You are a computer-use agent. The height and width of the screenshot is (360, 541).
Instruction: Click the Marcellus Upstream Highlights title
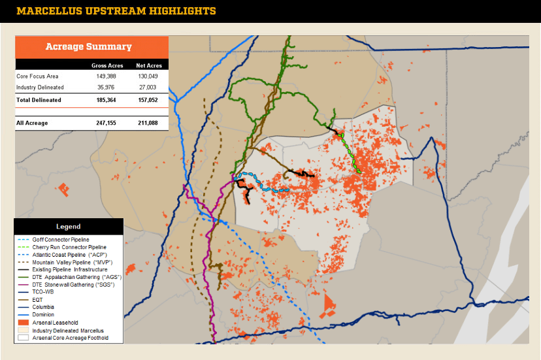116,11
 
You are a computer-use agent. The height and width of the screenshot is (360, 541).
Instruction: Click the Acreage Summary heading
88,46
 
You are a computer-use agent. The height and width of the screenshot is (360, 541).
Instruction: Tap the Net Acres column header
149,65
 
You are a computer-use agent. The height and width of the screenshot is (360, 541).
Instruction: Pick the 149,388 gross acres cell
106,76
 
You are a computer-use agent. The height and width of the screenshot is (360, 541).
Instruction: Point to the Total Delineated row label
39,100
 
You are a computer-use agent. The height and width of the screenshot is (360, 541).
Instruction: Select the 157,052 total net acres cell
149,100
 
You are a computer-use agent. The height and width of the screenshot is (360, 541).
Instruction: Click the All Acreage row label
31,123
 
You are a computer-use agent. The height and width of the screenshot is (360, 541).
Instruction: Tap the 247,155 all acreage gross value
106,123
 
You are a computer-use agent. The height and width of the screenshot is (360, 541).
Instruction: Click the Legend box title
68,227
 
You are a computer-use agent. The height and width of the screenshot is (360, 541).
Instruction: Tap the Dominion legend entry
44,314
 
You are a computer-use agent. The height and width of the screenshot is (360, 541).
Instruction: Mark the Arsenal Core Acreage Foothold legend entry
70,338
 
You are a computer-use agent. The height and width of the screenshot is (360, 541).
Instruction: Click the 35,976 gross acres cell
106,87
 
